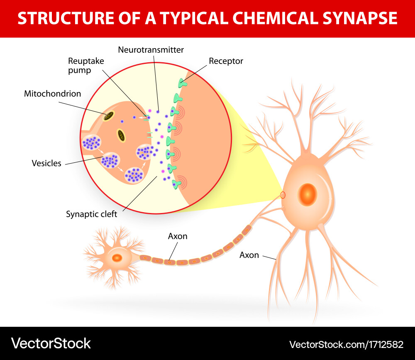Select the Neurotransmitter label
click(x=151, y=50)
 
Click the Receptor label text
click(x=226, y=61)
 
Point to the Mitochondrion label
click(x=52, y=93)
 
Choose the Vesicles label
click(x=46, y=163)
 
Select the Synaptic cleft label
click(x=91, y=214)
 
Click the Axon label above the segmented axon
click(x=178, y=236)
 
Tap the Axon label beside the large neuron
click(x=249, y=255)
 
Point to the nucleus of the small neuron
click(x=117, y=258)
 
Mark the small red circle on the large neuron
click(x=283, y=195)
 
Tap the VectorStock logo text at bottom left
click(x=51, y=343)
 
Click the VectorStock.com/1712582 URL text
click(x=346, y=344)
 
